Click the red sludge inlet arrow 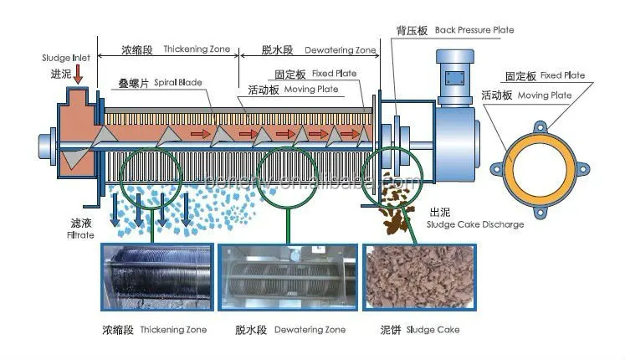click(x=78, y=75)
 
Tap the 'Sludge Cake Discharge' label click(x=474, y=224)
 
